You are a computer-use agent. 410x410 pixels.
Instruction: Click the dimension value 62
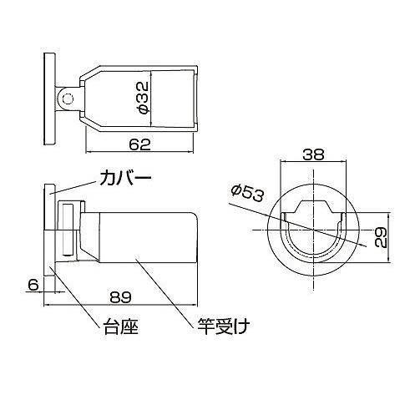point(139,144)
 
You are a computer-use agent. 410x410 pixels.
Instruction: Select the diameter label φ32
point(143,98)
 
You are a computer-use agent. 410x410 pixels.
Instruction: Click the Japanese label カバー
point(126,179)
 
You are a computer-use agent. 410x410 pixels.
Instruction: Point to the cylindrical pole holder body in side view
point(146,236)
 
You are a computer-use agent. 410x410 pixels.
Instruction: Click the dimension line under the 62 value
point(139,154)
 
